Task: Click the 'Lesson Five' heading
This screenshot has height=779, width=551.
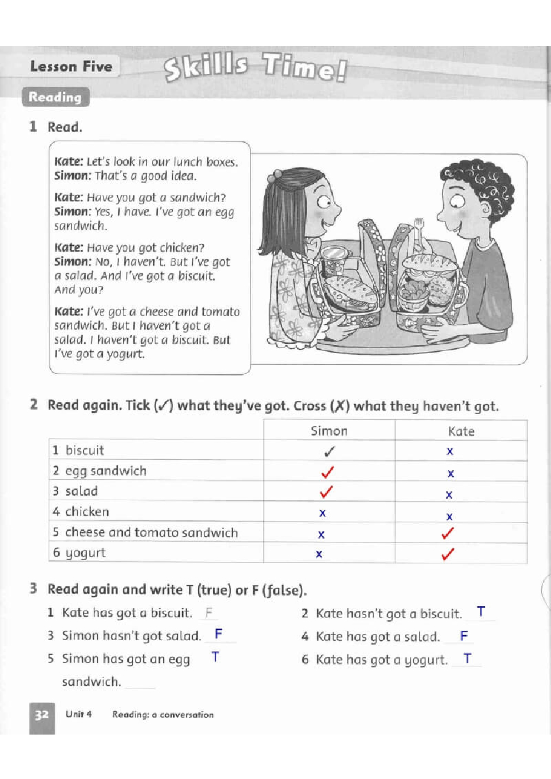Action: point(71,67)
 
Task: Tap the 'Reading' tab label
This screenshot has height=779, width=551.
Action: point(55,97)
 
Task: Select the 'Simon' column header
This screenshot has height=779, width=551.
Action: point(329,431)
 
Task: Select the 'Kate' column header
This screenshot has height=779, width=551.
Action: point(461,431)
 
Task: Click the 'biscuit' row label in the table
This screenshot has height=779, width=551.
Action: point(84,450)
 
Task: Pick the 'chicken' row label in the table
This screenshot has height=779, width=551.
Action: point(87,511)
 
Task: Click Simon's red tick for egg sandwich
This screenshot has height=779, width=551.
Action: point(328,472)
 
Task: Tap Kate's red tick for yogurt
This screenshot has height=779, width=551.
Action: point(448,554)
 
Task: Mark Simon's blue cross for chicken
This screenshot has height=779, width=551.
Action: point(322,513)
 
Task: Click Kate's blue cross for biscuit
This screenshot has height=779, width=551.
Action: point(450,451)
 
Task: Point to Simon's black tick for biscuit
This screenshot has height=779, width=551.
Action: point(329,451)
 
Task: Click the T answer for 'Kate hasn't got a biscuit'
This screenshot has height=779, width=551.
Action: point(481,612)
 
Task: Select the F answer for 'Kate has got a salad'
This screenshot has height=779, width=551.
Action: point(464,636)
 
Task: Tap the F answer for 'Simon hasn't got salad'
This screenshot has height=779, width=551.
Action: point(218,634)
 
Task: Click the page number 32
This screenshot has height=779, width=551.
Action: point(42,715)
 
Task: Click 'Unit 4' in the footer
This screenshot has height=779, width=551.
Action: point(79,714)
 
